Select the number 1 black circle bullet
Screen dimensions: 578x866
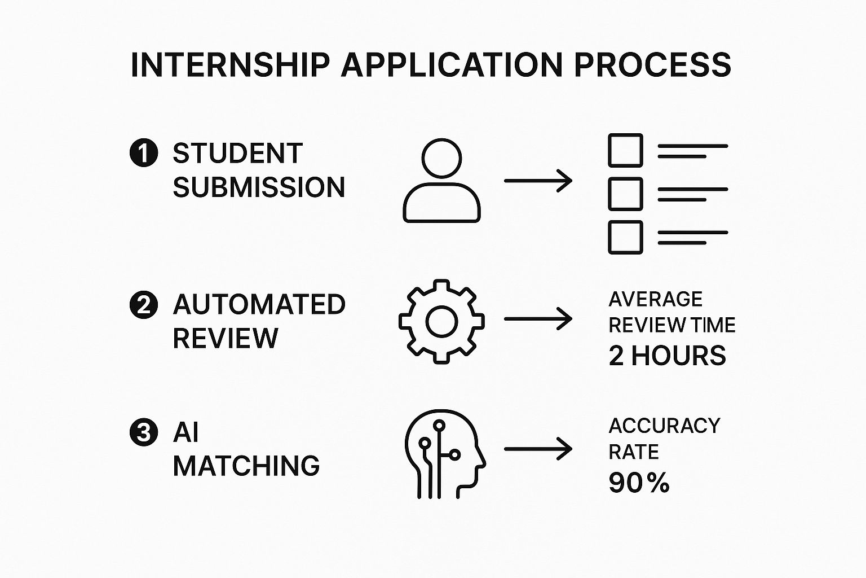pos(144,154)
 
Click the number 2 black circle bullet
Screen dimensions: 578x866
pos(144,305)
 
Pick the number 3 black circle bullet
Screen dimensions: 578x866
pos(144,433)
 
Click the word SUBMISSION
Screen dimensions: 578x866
pos(259,187)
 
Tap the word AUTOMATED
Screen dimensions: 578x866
pos(259,305)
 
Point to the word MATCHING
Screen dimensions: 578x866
pos(246,466)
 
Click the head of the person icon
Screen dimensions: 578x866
pos(441,159)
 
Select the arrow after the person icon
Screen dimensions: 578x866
pos(538,181)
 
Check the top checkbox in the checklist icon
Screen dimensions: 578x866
pos(625,150)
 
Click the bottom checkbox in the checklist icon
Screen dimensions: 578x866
pos(625,237)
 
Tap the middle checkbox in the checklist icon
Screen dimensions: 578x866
pos(625,194)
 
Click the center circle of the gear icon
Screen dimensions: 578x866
pos(441,321)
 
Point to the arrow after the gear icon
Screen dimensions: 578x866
pos(538,319)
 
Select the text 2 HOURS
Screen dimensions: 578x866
pos(667,356)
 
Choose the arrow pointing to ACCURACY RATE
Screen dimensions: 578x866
pos(538,449)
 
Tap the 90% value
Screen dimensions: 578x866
pos(639,483)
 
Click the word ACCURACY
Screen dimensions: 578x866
pos(664,426)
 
